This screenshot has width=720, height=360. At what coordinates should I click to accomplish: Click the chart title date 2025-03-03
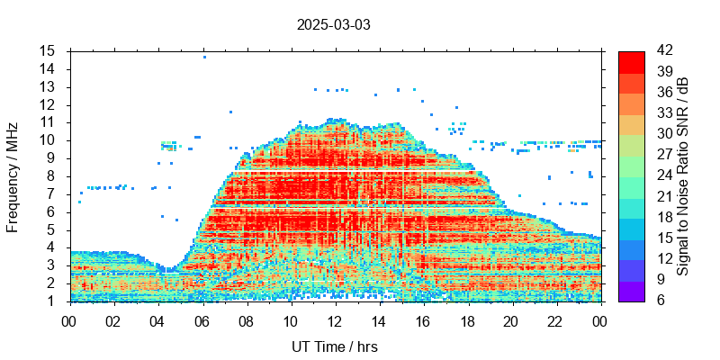(333, 24)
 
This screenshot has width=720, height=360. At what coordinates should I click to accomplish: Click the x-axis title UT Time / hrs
(335, 347)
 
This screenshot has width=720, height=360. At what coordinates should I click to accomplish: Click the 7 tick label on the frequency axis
(52, 193)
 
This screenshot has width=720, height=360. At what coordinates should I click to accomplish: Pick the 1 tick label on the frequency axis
(52, 301)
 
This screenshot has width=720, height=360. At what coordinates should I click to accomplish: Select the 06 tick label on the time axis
(202, 320)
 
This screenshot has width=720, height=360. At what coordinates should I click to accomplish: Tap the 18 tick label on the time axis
(467, 320)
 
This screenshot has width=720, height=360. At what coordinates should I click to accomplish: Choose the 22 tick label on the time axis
(555, 320)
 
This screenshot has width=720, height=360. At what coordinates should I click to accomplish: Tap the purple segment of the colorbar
(632, 291)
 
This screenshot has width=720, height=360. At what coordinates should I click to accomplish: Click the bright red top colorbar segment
(632, 61)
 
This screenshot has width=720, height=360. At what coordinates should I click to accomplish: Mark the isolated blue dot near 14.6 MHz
(204, 57)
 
